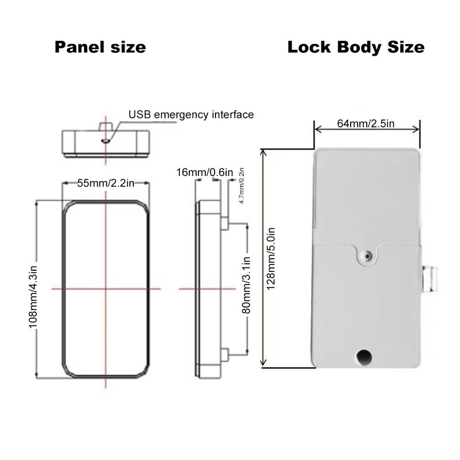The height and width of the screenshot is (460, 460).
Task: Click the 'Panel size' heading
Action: point(100,47)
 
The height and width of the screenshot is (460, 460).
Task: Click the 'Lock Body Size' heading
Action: point(356,47)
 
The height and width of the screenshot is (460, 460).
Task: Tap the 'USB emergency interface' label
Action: point(191,114)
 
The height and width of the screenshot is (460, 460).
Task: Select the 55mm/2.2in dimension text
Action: point(106,183)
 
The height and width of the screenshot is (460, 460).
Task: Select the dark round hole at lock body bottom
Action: point(363,357)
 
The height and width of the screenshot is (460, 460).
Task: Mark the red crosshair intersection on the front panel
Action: point(106,288)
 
